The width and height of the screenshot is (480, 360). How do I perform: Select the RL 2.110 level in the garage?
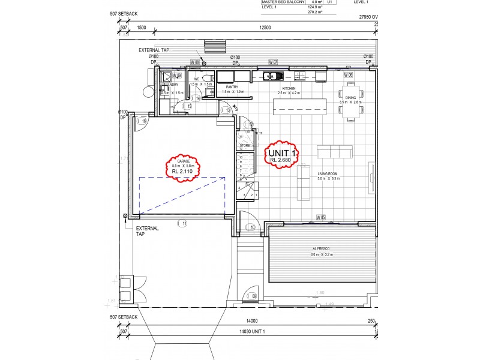pyautogui.click(x=182, y=171)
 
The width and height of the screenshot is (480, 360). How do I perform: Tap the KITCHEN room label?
pyautogui.click(x=289, y=88)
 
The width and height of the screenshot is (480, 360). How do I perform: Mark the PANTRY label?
pyautogui.click(x=230, y=88)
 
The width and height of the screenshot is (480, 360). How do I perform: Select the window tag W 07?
pyautogui.click(x=272, y=62)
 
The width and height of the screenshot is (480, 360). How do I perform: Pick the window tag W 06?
pyautogui.click(x=347, y=75)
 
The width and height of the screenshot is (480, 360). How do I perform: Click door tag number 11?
pyautogui.click(x=182, y=223)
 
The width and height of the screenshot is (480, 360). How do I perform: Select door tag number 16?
pyautogui.click(x=142, y=121)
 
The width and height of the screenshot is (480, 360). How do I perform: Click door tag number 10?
pyautogui.click(x=251, y=227)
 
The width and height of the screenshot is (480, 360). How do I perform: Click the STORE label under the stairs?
pyautogui.click(x=245, y=145)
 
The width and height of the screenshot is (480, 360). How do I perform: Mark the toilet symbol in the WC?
pyautogui.click(x=205, y=78)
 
